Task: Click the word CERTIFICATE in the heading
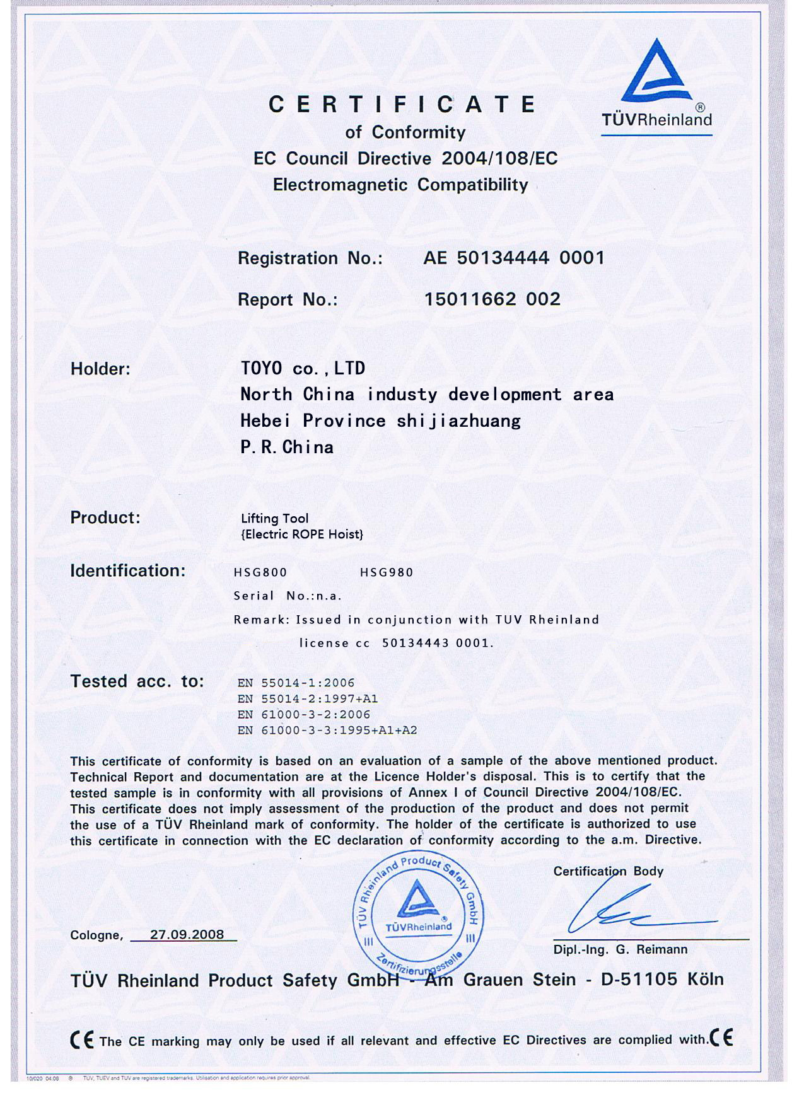click(x=402, y=105)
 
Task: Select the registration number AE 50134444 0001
click(x=514, y=258)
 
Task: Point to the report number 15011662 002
click(x=492, y=299)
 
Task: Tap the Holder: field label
click(x=100, y=369)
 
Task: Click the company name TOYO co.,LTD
click(x=303, y=369)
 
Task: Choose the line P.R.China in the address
click(x=287, y=448)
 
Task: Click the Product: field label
click(x=105, y=518)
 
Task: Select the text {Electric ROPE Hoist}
click(x=302, y=535)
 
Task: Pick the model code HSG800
click(x=260, y=572)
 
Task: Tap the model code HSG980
click(x=387, y=572)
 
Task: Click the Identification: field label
click(x=128, y=570)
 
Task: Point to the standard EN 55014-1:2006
click(x=296, y=683)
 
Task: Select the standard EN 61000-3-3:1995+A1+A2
click(x=327, y=731)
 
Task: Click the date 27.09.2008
click(x=187, y=934)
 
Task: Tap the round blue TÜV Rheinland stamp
click(x=418, y=914)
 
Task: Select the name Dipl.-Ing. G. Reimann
click(x=620, y=949)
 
